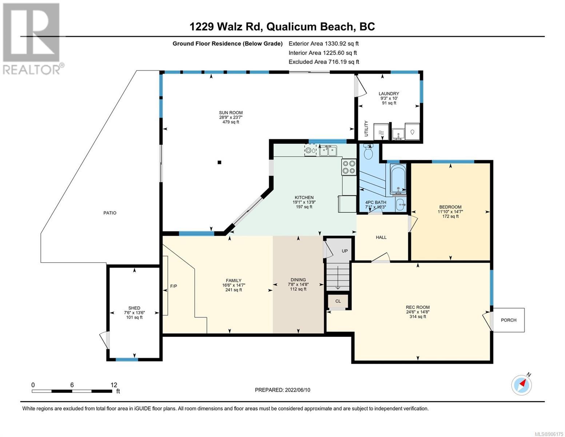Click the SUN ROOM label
[231, 113]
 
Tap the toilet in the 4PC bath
[368, 151]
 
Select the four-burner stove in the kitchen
[349, 167]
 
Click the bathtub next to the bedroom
[398, 180]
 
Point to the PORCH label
[509, 320]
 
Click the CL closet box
[338, 302]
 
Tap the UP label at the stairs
[345, 251]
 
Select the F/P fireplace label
[174, 286]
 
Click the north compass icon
[521, 385]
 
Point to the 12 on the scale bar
[114, 385]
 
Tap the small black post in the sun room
[219, 162]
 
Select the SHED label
[134, 308]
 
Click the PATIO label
[110, 213]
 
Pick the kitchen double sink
[328, 151]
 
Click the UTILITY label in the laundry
[366, 129]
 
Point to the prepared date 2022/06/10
[298, 390]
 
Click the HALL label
[381, 237]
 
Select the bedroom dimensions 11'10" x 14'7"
[450, 212]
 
